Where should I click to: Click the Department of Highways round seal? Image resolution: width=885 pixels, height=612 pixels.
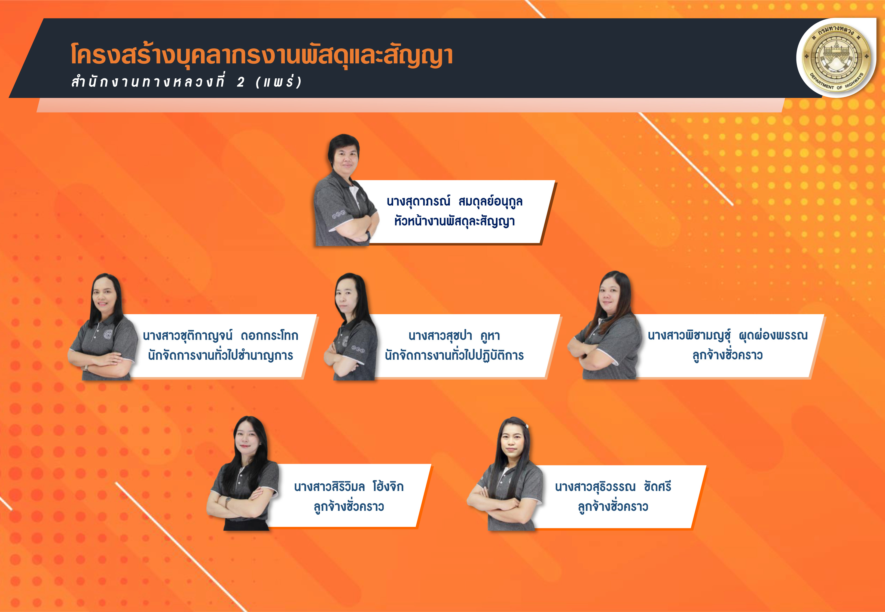[836, 57]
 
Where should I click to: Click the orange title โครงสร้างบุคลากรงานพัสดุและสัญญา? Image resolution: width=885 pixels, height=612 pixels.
[262, 55]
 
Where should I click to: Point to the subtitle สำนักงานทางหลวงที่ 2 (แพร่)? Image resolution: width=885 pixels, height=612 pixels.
[187, 82]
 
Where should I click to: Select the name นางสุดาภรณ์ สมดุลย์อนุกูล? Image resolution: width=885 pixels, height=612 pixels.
[454, 201]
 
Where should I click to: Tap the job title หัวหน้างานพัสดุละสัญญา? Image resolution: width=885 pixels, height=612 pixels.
[454, 221]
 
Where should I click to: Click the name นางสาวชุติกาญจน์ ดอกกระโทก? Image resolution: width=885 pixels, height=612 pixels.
[220, 336]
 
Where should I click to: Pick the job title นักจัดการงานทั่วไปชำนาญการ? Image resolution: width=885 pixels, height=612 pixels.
[220, 356]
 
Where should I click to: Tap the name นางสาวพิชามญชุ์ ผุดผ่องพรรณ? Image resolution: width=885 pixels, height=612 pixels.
[728, 336]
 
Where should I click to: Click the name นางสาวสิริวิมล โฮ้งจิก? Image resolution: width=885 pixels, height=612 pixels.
[349, 487]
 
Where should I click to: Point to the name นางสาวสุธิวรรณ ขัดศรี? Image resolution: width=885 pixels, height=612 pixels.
[613, 487]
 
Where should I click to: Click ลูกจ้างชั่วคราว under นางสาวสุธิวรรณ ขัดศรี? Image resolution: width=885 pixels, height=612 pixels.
[613, 506]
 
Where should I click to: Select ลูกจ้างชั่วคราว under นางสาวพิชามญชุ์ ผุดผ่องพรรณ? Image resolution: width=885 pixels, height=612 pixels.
[728, 355]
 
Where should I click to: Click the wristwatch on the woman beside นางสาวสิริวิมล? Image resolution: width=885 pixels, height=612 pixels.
[228, 500]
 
